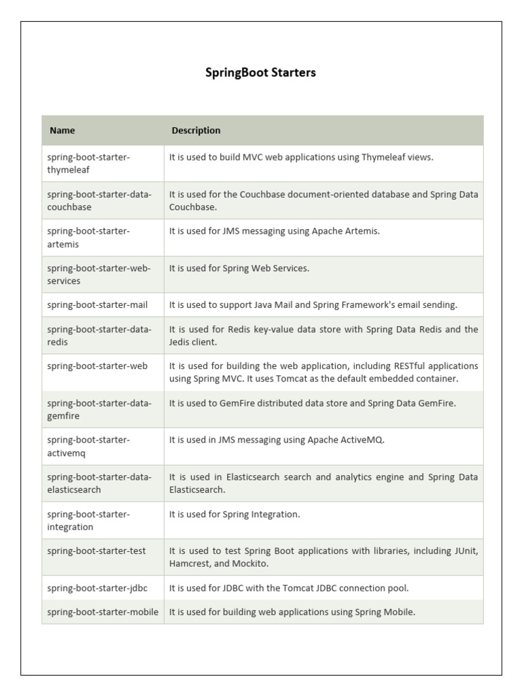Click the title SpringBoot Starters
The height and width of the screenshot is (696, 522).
260,73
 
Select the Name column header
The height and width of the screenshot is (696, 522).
63,130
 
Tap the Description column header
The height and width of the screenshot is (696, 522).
196,130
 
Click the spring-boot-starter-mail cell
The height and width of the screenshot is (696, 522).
97,305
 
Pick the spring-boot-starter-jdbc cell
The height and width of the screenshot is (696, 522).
97,588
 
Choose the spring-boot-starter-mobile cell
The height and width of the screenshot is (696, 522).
103,612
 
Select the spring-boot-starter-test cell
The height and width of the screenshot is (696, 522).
97,551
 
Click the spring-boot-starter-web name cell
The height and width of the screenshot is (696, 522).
97,366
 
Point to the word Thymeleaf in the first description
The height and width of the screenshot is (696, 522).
384,157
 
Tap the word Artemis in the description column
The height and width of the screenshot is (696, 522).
363,231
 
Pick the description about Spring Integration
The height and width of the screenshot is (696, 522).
234,515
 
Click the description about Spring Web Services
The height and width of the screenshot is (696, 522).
239,268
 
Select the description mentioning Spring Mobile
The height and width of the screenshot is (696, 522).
292,612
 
